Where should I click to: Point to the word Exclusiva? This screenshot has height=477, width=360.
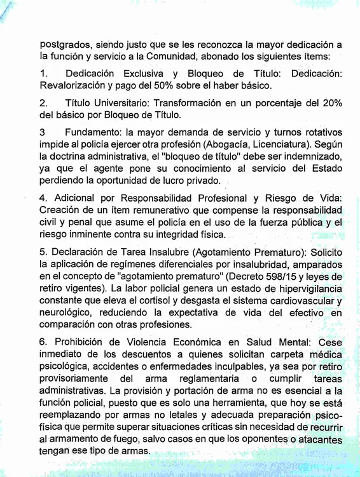coord(140,74)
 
